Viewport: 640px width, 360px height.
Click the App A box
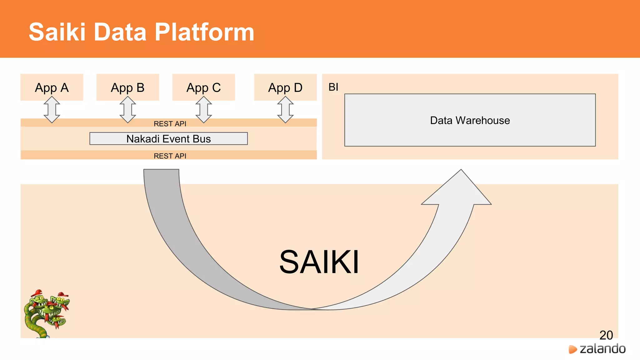point(52,87)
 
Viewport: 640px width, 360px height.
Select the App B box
point(127,87)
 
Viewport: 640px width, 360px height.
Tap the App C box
point(203,87)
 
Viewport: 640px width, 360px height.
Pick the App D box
point(285,87)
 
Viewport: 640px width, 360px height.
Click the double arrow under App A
point(52,109)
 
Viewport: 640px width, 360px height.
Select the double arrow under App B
point(128,109)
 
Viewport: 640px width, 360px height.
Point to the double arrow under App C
point(204,109)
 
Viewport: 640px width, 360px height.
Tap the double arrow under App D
point(285,109)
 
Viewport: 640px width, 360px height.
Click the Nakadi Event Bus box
point(168,138)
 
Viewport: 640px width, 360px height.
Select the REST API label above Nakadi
point(170,124)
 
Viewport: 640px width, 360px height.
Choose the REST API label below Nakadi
point(170,156)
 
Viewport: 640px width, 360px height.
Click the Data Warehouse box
point(470,120)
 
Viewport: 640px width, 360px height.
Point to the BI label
point(333,87)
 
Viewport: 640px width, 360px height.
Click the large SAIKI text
point(319,262)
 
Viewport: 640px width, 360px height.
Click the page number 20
point(606,335)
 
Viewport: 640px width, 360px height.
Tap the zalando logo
point(597,349)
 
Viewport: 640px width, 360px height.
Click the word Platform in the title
point(204,32)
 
